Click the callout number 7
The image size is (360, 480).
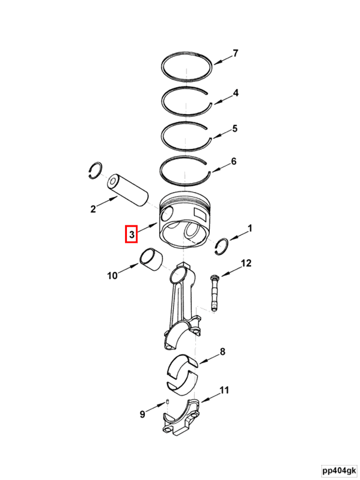pyautogui.click(x=235, y=53)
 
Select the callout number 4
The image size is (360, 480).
pyautogui.click(x=235, y=93)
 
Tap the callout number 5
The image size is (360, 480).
pyautogui.click(x=234, y=129)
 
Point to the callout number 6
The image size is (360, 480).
pyautogui.click(x=234, y=161)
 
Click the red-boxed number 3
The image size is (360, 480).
pyautogui.click(x=131, y=235)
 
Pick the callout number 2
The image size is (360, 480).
pyautogui.click(x=93, y=209)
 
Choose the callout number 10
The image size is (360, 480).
pyautogui.click(x=112, y=276)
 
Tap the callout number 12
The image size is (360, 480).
pyautogui.click(x=246, y=263)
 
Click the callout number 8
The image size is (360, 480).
pyautogui.click(x=222, y=352)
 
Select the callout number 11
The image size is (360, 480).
pyautogui.click(x=224, y=391)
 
